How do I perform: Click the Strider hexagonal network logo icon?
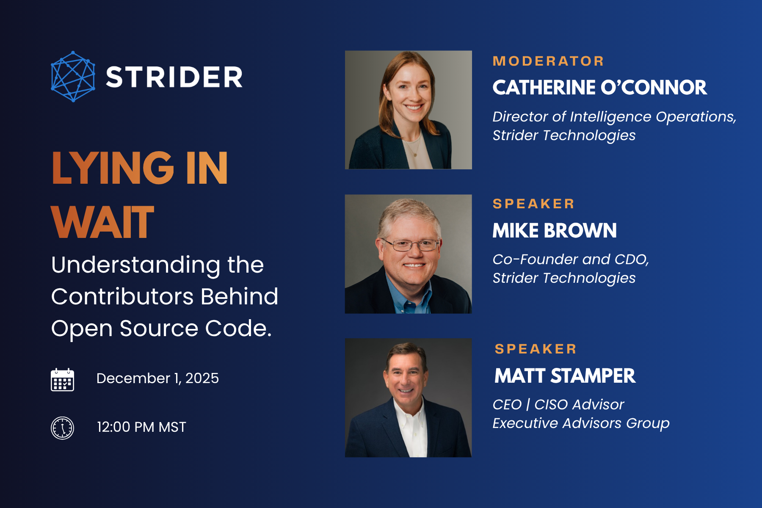coord(73,77)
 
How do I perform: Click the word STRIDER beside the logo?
coord(174,77)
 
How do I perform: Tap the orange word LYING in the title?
coord(113,168)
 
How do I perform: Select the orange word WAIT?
coord(102,222)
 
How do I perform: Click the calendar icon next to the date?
coord(63,379)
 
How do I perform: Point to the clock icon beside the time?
coord(63,428)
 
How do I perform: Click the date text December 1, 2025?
coord(157,378)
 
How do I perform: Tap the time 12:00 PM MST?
coord(141,427)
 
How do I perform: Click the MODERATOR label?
coord(548,61)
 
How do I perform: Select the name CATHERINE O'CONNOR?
coord(600,88)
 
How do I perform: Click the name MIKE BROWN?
coord(555,231)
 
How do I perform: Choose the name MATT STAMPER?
coord(565,376)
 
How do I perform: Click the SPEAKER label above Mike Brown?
coord(533,204)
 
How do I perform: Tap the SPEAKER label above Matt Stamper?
coord(536,349)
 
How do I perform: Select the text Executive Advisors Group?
coord(581,423)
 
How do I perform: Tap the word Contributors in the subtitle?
coord(122,296)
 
